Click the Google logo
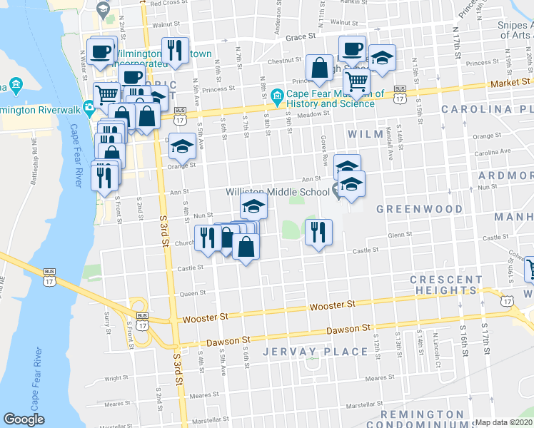point(24,419)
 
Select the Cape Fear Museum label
point(331,98)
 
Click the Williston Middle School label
point(278,192)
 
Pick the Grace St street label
point(301,36)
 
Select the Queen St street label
point(193,292)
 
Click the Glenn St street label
point(400,235)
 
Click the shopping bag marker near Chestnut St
point(319,68)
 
